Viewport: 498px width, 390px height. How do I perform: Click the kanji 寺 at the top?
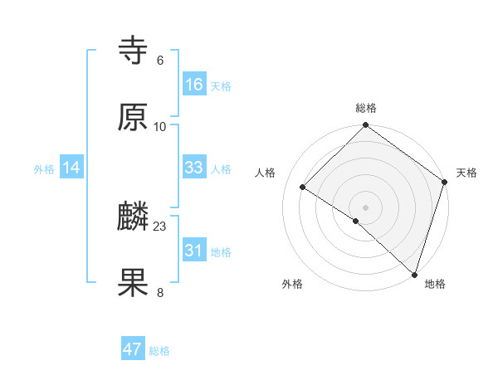(134, 51)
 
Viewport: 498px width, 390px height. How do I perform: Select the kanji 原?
(134, 118)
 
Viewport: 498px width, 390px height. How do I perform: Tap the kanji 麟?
(134, 217)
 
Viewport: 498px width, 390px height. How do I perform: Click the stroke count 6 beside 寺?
(160, 60)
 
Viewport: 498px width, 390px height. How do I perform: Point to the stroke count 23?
(160, 226)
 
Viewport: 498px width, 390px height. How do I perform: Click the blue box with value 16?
(193, 85)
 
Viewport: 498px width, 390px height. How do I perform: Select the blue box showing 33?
(193, 168)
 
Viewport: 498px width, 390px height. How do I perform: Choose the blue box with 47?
(133, 349)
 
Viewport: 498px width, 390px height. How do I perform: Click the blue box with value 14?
(71, 168)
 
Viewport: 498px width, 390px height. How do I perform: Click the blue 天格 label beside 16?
(221, 85)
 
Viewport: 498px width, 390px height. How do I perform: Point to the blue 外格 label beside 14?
(44, 168)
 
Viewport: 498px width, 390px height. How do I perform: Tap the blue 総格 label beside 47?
(159, 350)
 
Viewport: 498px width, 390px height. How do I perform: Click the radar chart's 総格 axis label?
(366, 108)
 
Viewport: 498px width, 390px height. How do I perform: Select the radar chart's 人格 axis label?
(266, 173)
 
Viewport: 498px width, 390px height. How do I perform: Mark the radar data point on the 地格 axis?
(414, 275)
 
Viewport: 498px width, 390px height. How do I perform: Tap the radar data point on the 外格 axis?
(355, 221)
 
